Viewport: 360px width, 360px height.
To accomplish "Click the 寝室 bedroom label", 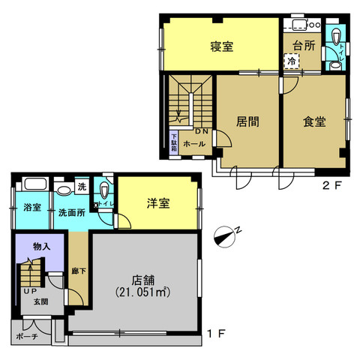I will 221,46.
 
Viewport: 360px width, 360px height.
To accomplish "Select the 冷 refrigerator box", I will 290,62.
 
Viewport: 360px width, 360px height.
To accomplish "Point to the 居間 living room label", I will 247,121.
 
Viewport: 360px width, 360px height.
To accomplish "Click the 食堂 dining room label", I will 313,121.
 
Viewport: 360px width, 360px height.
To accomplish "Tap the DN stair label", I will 203,132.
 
